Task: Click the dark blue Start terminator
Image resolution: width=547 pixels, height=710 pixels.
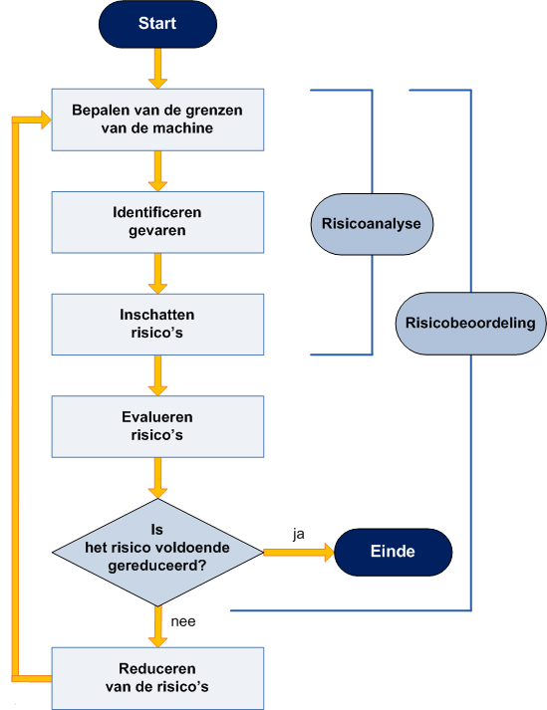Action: [x=157, y=24]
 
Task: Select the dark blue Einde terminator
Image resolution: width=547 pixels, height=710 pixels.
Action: [x=393, y=552]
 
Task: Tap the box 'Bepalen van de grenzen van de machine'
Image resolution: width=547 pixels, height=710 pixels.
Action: [x=157, y=119]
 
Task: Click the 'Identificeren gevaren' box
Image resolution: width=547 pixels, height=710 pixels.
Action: [x=157, y=222]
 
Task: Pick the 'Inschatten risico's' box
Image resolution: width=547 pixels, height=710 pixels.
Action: [x=157, y=325]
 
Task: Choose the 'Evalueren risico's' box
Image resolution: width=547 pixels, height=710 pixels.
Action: [x=157, y=426]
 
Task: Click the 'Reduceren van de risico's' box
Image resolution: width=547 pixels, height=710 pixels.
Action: [x=157, y=678]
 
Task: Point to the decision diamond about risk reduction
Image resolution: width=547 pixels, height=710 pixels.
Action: [x=157, y=552]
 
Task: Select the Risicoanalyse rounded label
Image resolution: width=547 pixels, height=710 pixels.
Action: [x=372, y=224]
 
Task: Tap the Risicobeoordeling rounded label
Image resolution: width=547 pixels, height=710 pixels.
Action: [x=470, y=324]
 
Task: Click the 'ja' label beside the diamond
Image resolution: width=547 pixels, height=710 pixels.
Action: [x=299, y=535]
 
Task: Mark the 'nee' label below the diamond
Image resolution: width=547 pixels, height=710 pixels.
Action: [x=183, y=621]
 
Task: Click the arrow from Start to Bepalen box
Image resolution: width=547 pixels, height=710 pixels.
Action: [x=157, y=69]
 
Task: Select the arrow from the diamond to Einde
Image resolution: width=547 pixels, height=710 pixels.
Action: [x=299, y=553]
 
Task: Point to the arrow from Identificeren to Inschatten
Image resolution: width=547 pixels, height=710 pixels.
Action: [x=157, y=274]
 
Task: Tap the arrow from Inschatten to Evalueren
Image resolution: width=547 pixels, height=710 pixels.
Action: [x=157, y=375]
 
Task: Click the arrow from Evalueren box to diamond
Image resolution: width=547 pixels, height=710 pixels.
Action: [x=157, y=478]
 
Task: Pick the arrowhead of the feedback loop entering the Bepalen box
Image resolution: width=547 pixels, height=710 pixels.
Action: [x=46, y=119]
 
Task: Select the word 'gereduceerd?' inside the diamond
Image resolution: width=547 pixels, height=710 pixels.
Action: [x=157, y=566]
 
